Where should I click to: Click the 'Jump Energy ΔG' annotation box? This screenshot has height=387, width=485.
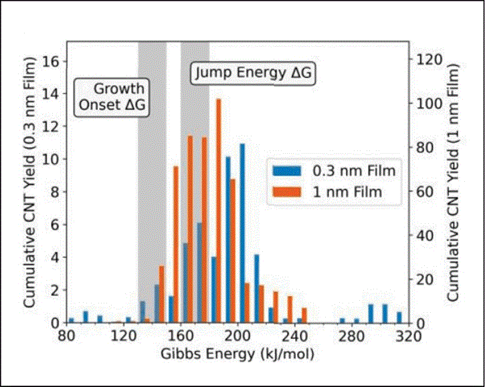tap(254, 73)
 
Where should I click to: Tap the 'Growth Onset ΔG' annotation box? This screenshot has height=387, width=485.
tap(112, 97)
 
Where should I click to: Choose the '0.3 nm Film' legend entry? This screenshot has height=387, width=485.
tap(355, 170)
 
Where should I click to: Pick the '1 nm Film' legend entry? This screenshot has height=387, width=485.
tap(349, 192)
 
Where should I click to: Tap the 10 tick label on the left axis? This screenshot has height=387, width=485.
tap(54, 159)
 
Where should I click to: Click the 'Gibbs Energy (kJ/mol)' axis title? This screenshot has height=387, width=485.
tap(237, 352)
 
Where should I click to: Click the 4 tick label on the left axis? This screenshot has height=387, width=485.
tap(56, 257)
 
